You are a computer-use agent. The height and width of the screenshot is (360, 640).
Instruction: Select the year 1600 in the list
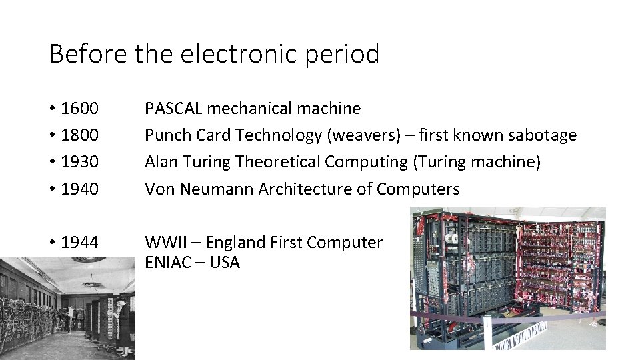pyautogui.click(x=79, y=108)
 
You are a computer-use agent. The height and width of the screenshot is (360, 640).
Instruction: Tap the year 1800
pyautogui.click(x=79, y=135)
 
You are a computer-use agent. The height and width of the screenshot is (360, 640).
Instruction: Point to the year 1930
pyautogui.click(x=79, y=162)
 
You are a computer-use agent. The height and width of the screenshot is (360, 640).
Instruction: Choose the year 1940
pyautogui.click(x=79, y=189)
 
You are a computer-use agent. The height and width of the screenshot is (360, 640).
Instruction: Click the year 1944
pyautogui.click(x=79, y=243)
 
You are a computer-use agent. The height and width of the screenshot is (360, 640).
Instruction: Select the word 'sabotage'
pyautogui.click(x=542, y=135)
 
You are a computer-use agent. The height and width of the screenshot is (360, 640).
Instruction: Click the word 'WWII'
pyautogui.click(x=163, y=243)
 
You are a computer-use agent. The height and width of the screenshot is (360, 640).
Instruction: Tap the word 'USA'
pyautogui.click(x=224, y=262)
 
